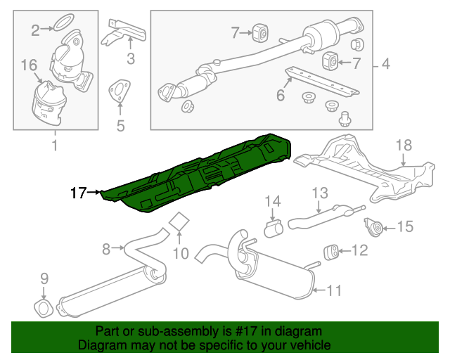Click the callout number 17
click(77, 191)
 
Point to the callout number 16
click(28, 65)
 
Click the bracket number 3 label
click(130, 58)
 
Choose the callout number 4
click(385, 65)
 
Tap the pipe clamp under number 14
click(273, 228)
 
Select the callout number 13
click(320, 192)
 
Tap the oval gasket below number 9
click(44, 307)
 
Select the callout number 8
click(106, 247)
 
